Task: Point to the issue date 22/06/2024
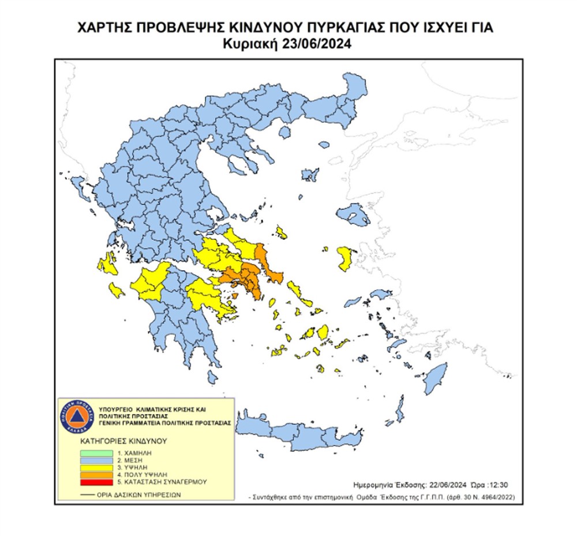pos(447,485)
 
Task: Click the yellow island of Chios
pos(346,257)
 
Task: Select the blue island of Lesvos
pos(353,217)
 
